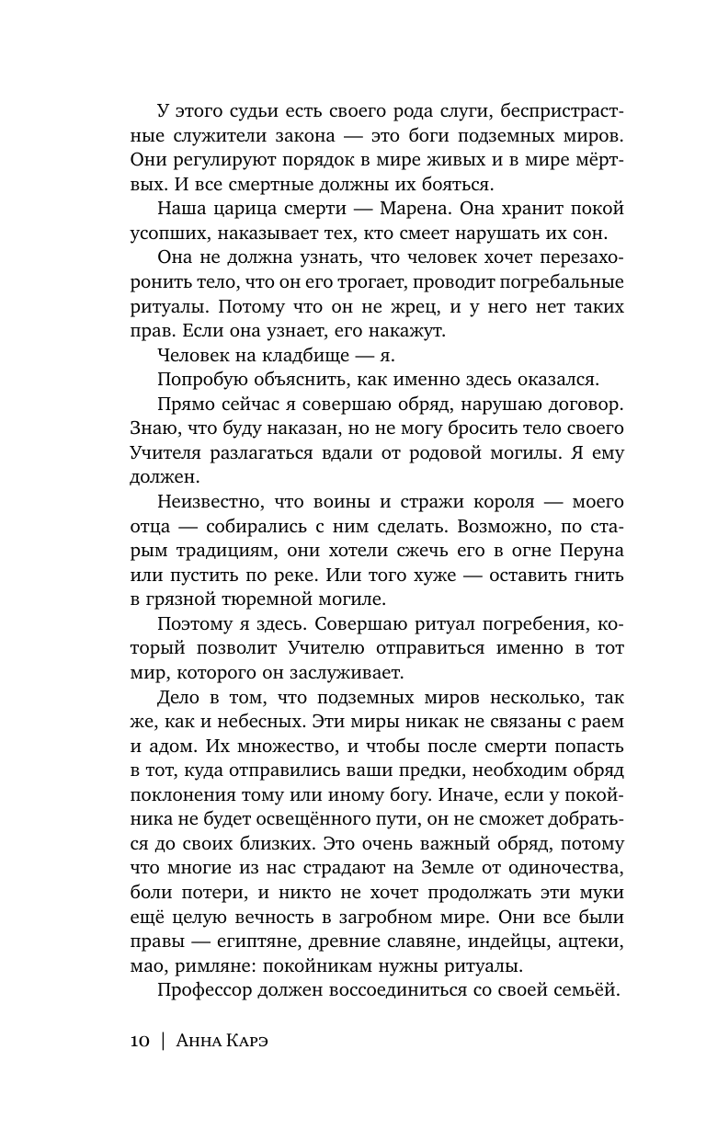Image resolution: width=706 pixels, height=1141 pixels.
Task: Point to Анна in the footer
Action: pos(203,1041)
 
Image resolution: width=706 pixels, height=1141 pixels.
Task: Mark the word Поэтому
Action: pos(198,623)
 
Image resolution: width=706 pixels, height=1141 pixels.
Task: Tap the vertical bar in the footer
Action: pos(165,1041)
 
